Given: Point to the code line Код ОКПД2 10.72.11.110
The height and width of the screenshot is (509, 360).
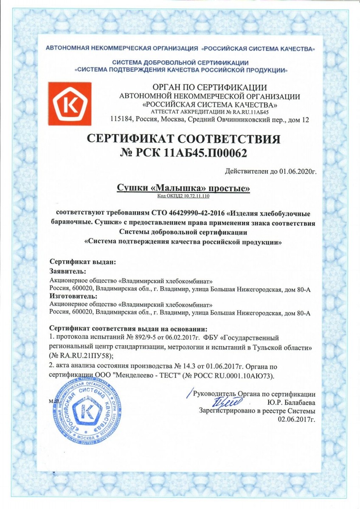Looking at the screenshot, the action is (183, 196).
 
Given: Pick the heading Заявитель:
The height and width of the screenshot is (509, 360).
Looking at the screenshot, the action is (68, 271).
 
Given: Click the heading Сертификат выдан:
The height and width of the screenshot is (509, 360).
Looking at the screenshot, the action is (83, 262).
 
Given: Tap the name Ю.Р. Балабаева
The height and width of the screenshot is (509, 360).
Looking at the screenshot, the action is (291, 402).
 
